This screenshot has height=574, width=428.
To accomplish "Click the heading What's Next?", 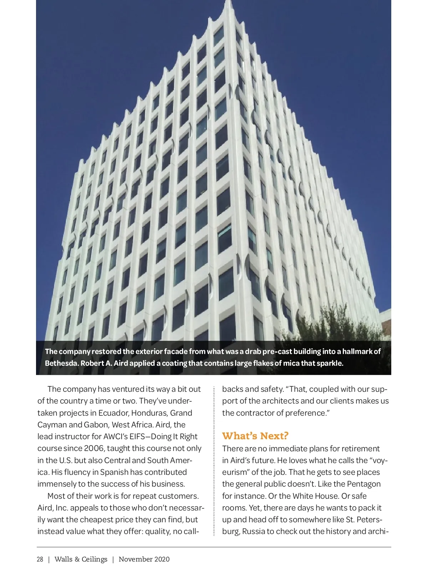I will [x=255, y=436].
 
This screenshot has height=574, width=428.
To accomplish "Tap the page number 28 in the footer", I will [x=40, y=559].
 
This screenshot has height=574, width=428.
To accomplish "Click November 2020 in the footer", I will [x=144, y=559].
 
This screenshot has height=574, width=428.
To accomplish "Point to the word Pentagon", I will [x=363, y=484].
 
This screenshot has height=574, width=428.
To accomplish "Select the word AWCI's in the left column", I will [x=115, y=436].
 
